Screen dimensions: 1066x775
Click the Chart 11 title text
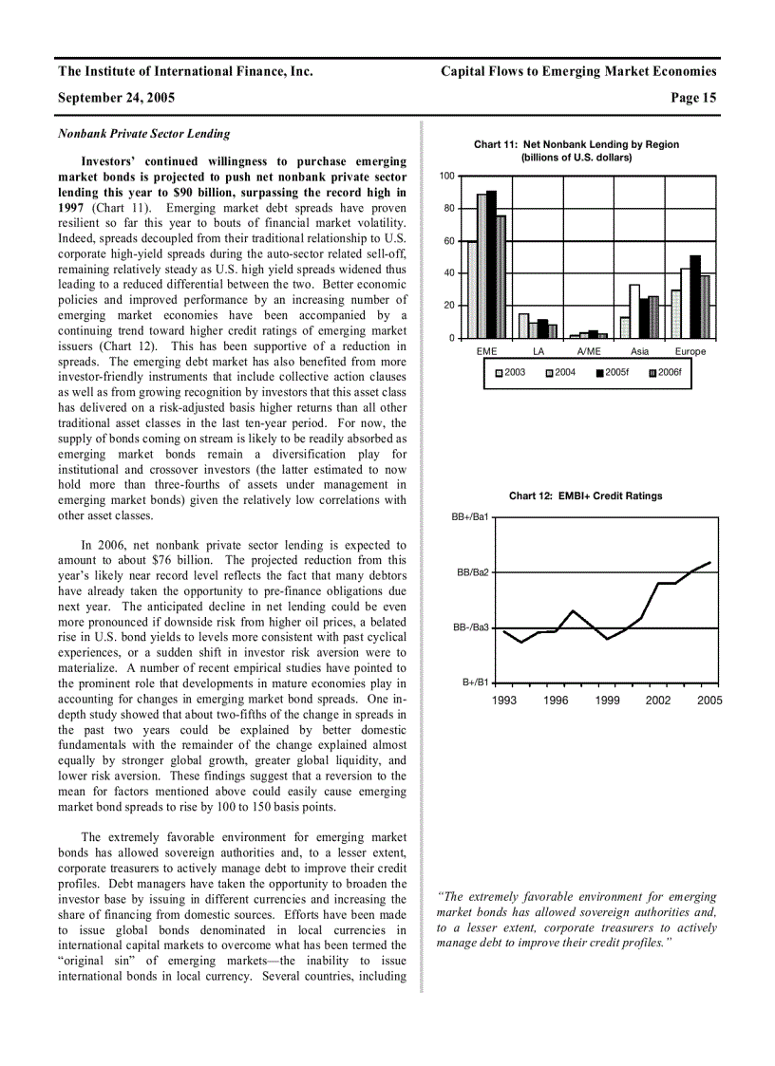(x=576, y=144)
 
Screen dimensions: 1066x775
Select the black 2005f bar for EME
(x=491, y=265)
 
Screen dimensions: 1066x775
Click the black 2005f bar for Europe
(x=695, y=296)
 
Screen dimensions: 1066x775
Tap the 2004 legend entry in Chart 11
(x=561, y=372)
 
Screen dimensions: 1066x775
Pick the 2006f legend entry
(x=665, y=372)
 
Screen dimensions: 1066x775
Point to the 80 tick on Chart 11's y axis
(x=446, y=208)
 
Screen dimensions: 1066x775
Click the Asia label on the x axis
(x=639, y=352)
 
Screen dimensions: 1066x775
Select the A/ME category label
(x=589, y=352)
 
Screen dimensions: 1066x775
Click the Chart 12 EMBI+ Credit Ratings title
(x=585, y=496)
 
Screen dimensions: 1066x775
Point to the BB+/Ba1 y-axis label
(x=471, y=517)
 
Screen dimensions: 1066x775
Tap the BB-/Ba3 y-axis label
(x=471, y=627)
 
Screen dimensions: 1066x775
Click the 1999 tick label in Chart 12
(x=607, y=701)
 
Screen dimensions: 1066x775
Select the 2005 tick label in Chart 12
(x=709, y=701)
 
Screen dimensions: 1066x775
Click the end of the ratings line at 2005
(x=709, y=562)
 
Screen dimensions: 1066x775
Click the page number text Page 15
(x=693, y=97)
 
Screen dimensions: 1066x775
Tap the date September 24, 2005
(x=116, y=97)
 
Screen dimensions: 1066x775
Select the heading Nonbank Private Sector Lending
(x=143, y=134)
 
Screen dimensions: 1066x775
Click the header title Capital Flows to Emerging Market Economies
(x=578, y=71)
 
